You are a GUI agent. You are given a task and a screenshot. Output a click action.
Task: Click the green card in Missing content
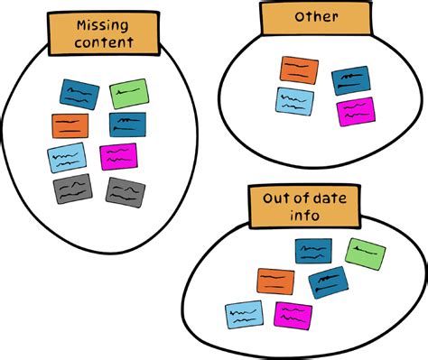[x=128, y=94]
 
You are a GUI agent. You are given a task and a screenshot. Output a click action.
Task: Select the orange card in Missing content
[x=70, y=125]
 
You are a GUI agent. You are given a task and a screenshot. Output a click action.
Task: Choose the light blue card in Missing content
[x=67, y=157]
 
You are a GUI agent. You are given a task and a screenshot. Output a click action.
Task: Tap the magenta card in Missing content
[x=118, y=156]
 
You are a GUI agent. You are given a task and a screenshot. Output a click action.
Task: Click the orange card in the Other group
[x=299, y=70]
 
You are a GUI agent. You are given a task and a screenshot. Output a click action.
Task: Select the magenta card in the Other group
[x=355, y=111]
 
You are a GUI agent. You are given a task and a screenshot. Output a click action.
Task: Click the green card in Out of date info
[x=365, y=254]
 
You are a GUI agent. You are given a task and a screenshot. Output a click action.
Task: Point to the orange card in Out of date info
[x=275, y=282]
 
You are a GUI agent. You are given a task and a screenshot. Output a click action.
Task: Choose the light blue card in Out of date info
[x=244, y=314]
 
